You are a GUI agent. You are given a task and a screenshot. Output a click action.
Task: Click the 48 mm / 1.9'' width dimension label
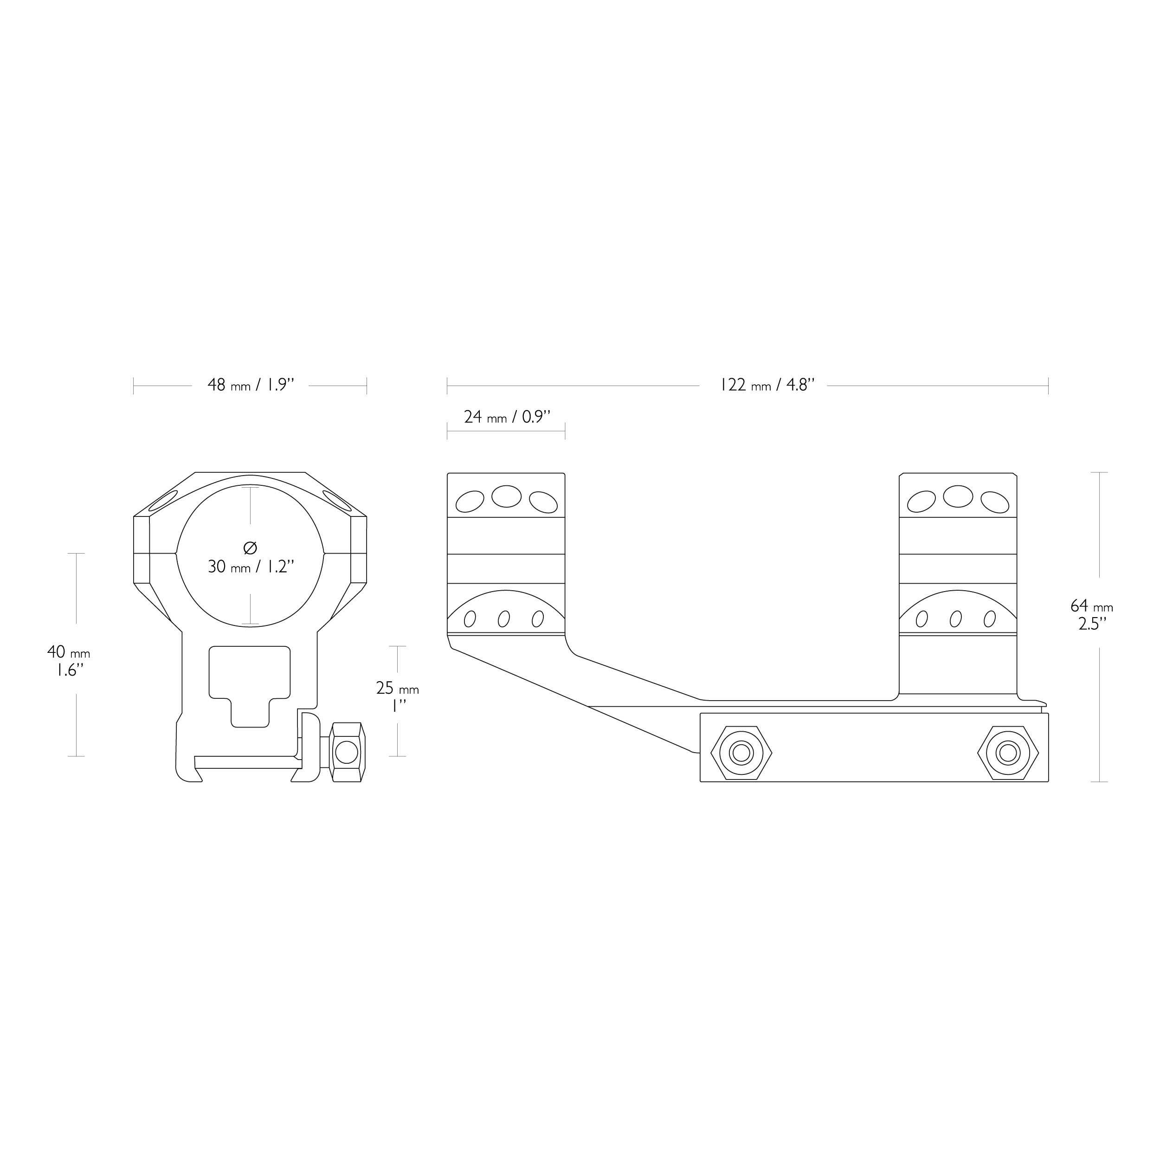tap(251, 385)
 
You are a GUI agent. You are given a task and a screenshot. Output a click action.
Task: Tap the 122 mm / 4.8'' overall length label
tap(767, 385)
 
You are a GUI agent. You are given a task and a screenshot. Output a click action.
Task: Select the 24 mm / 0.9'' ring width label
tap(507, 417)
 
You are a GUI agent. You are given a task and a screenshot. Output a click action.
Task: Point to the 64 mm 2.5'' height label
tap(1091, 614)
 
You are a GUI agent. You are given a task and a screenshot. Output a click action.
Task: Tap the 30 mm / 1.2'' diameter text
tap(251, 567)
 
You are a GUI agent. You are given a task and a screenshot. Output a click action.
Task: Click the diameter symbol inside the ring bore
tap(251, 548)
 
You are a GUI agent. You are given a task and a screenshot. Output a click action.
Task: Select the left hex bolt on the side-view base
tap(741, 752)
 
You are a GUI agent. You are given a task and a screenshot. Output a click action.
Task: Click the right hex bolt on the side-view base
tap(1008, 752)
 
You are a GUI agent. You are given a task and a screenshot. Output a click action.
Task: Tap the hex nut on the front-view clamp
tap(347, 752)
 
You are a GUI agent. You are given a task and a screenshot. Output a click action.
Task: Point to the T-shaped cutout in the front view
tap(250, 686)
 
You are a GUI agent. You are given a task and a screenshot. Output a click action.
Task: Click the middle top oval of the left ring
tap(506, 496)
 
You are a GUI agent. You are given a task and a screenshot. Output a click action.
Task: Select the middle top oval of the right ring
tap(958, 496)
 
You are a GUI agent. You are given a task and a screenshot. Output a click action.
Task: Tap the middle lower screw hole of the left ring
tap(504, 619)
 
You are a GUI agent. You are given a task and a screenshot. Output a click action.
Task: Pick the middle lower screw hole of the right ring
tap(956, 619)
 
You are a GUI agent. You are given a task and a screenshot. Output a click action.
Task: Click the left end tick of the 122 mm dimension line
tap(447, 386)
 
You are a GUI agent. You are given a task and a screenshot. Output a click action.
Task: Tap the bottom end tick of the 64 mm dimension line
tap(1099, 782)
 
